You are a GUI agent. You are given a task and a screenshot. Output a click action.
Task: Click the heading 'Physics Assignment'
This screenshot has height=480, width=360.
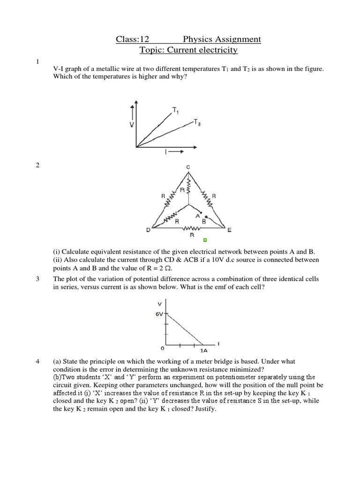[222, 39]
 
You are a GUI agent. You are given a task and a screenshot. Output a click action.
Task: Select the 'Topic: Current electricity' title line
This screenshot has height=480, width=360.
[189, 50]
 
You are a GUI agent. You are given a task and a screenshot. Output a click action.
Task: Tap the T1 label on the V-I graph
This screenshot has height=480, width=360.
[175, 111]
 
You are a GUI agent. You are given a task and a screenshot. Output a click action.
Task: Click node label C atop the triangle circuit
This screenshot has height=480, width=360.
[188, 167]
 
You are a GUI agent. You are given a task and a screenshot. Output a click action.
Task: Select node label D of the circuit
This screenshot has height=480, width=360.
[148, 230]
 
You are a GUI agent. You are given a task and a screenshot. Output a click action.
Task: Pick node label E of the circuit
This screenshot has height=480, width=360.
[229, 230]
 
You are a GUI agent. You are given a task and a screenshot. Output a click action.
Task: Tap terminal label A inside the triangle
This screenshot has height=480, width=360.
[197, 216]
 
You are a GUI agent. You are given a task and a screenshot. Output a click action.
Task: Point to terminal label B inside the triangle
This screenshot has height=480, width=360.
[204, 220]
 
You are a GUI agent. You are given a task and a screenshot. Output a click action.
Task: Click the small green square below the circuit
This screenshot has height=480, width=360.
[204, 240]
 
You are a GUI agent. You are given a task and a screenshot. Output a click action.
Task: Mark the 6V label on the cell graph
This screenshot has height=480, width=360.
[159, 315]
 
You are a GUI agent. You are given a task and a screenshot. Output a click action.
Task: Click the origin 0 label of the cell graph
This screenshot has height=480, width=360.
[162, 349]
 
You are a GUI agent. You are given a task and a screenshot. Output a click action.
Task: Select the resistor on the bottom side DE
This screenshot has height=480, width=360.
[192, 228]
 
